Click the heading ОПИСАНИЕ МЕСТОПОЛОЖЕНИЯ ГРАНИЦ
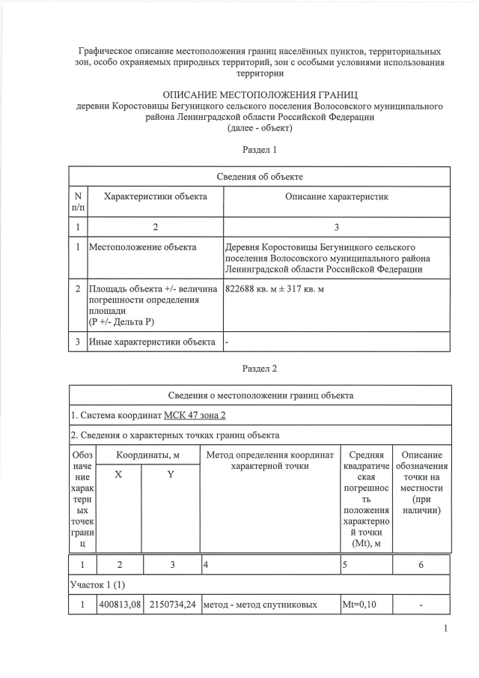(260, 95)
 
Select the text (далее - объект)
(260, 128)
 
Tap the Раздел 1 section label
(260, 150)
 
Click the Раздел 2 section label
(260, 369)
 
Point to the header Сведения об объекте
(260, 177)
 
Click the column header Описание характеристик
(337, 196)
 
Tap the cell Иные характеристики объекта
(153, 342)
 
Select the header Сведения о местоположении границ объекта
(260, 396)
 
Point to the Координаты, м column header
(145, 455)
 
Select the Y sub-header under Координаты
(171, 475)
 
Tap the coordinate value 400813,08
(120, 605)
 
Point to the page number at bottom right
(445, 629)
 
